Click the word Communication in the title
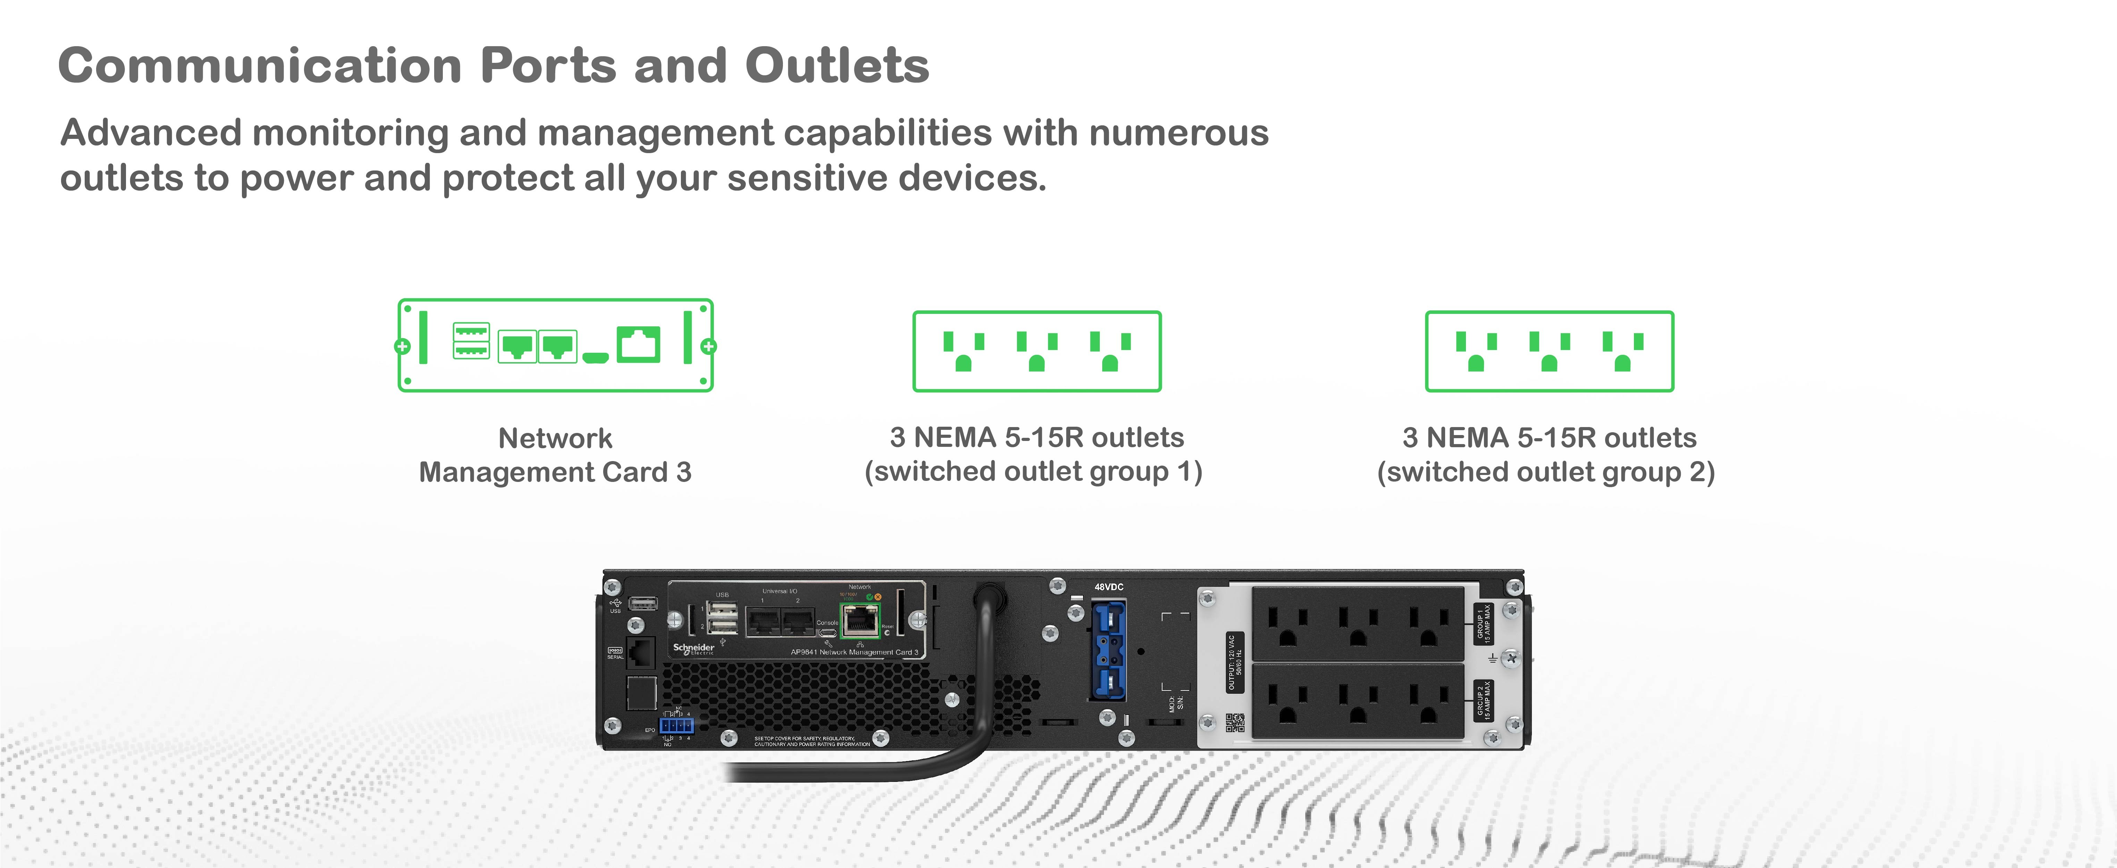[x=260, y=66]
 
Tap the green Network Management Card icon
[x=556, y=345]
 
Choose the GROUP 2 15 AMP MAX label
[x=1483, y=700]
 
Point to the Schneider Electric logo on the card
[x=694, y=649]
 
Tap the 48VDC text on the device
[x=1108, y=587]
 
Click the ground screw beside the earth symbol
[x=1510, y=658]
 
